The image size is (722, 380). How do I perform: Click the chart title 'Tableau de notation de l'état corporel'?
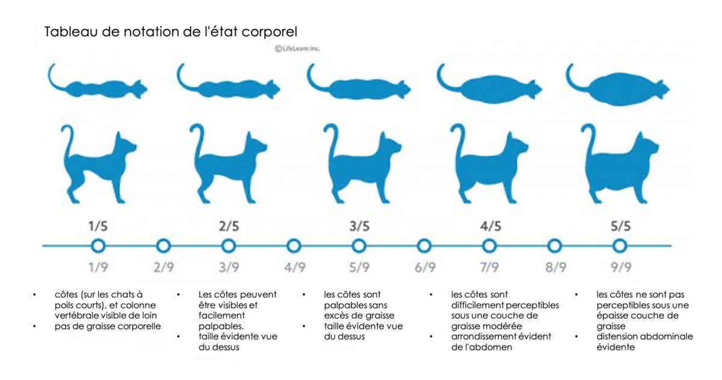tap(171, 32)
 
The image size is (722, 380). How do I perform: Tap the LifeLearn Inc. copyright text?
tap(297, 49)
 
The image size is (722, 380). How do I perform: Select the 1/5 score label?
tap(98, 227)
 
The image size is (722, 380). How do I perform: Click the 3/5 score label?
tap(359, 227)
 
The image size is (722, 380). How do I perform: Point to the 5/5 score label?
tap(620, 227)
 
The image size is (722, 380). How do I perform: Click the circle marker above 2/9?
tap(163, 245)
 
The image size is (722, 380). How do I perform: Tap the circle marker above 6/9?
tap(424, 245)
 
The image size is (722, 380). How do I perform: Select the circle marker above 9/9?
tap(620, 245)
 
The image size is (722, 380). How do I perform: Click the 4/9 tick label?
tap(294, 268)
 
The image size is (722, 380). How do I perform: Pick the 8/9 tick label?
tap(555, 268)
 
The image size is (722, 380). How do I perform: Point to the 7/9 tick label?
tap(489, 268)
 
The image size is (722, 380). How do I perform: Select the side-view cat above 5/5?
tap(620, 162)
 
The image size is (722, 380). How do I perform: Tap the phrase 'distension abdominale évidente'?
tap(644, 342)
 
